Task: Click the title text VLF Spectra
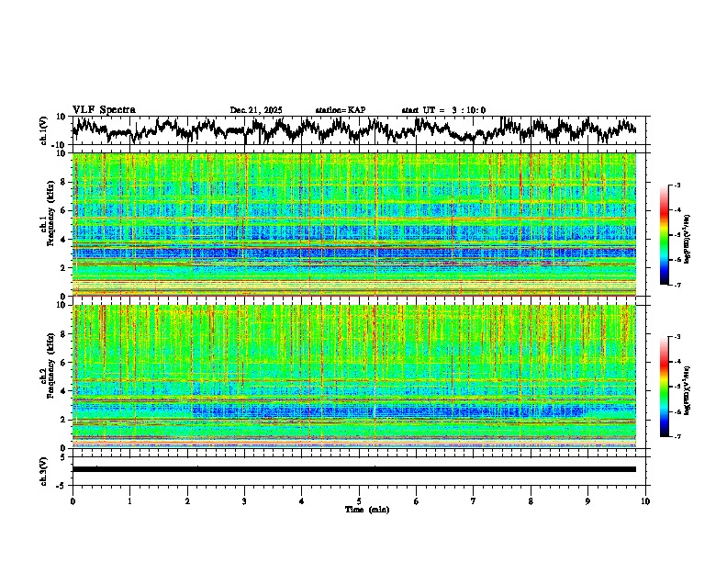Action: click(104, 110)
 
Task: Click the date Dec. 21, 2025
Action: click(256, 110)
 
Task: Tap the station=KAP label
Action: click(340, 110)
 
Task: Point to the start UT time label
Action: click(443, 110)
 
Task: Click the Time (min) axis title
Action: click(366, 509)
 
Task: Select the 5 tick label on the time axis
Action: click(359, 501)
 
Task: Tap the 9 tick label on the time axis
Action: click(588, 501)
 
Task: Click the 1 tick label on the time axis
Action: click(129, 501)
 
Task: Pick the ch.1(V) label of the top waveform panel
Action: click(45, 130)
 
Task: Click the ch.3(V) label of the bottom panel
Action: click(45, 468)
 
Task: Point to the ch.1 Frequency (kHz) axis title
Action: click(48, 224)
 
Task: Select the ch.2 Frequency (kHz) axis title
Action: click(48, 376)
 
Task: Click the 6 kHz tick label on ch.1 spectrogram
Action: click(62, 210)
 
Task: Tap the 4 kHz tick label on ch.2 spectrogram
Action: click(62, 391)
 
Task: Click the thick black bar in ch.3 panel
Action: click(353, 469)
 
